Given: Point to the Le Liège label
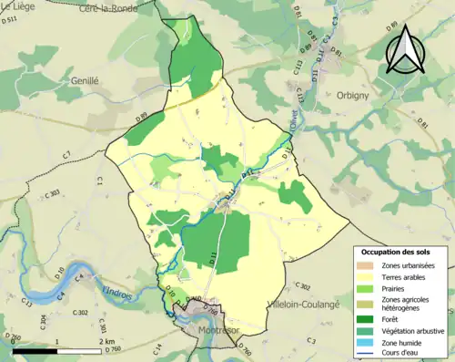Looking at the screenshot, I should coord(18,7).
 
